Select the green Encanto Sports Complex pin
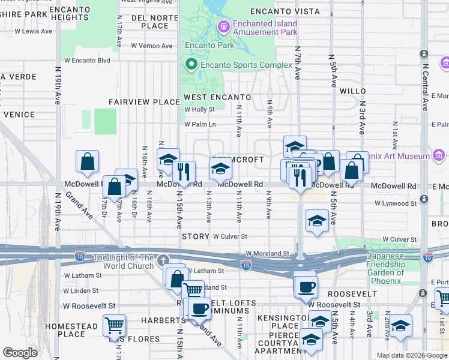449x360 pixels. click(192, 64)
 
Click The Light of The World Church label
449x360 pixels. click(123, 262)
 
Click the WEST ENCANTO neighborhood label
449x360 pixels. click(217, 97)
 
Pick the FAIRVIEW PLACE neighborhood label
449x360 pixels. click(144, 102)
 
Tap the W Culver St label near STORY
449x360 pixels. click(230, 238)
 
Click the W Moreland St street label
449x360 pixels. click(268, 254)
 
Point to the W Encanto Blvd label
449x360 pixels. click(87, 60)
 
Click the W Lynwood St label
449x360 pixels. click(395, 203)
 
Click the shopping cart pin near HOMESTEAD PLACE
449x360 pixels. click(114, 326)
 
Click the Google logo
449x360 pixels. click(20, 353)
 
